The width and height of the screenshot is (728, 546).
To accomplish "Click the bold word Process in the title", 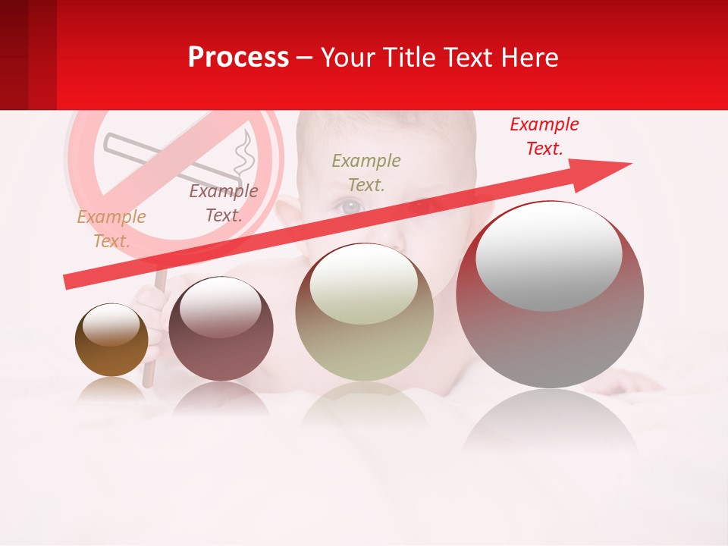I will (238, 58).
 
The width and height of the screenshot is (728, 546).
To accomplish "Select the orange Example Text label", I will (111, 228).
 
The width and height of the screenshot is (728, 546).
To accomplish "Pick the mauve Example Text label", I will (224, 203).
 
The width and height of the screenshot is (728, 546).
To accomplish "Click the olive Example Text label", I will (366, 172).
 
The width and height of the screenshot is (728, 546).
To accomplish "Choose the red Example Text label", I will (544, 136).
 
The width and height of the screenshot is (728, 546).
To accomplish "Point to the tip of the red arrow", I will (630, 164).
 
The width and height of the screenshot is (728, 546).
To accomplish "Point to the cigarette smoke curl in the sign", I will (243, 155).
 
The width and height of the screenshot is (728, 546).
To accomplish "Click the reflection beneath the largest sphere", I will (550, 421).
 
